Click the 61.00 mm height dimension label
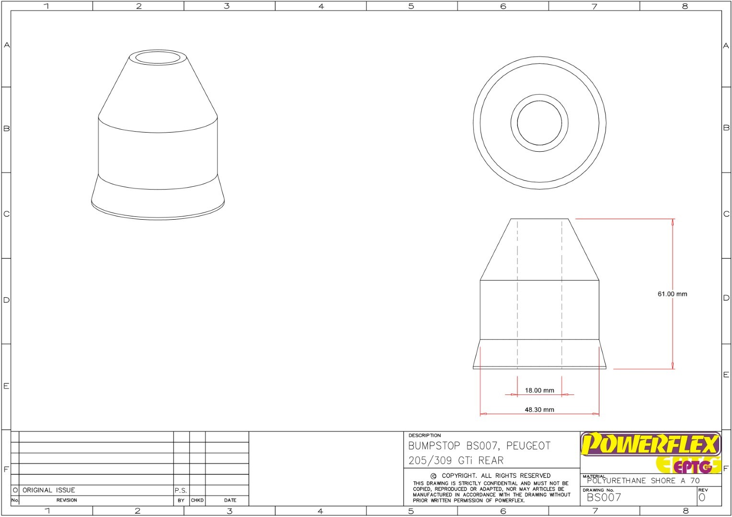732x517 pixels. click(x=672, y=294)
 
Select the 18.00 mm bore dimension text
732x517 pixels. click(x=539, y=390)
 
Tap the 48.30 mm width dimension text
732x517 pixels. click(x=539, y=410)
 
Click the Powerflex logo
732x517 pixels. click(x=651, y=444)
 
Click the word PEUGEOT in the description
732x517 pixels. click(x=528, y=446)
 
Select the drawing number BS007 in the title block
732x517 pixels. click(x=604, y=497)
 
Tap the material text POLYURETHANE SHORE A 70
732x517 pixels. click(x=643, y=481)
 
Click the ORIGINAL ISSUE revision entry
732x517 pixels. click(x=49, y=490)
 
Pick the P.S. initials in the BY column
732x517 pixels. click(x=181, y=490)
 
